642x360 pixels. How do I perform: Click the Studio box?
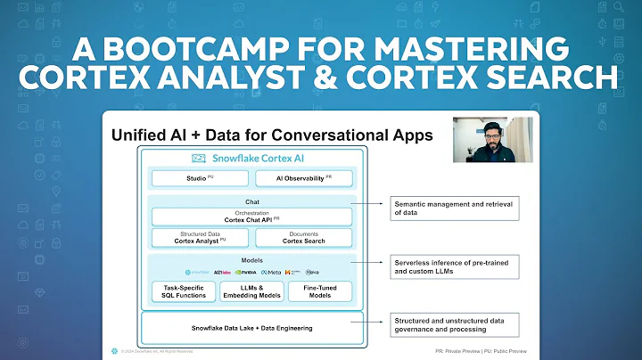[199, 179]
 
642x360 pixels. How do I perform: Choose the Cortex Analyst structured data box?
[199, 238]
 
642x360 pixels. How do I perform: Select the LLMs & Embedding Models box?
[251, 291]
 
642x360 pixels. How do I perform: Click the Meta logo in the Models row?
[270, 272]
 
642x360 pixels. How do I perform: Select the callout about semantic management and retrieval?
[454, 209]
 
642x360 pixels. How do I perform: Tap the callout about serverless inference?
[454, 265]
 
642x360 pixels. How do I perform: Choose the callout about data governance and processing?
[455, 326]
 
